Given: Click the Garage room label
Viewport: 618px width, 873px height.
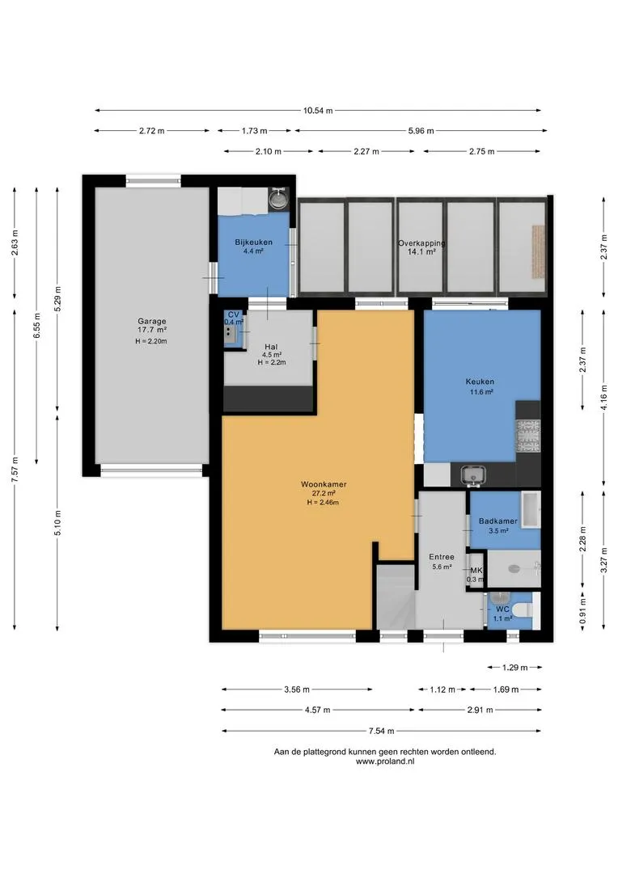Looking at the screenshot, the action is [152, 321].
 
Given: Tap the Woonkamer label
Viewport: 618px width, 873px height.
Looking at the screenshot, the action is [324, 484].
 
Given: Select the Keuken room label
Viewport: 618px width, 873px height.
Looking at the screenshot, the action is [480, 382].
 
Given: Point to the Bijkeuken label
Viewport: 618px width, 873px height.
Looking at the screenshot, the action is [253, 242].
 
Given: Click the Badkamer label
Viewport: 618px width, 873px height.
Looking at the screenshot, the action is [498, 521].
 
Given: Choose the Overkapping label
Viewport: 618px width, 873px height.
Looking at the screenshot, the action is [421, 243].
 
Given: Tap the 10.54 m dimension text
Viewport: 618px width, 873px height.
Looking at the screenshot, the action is [318, 110].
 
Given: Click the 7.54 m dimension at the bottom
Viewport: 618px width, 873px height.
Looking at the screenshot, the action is [381, 731].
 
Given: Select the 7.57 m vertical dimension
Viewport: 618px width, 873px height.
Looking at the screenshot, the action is [15, 470].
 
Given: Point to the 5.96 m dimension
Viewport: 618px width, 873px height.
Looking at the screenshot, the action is [421, 131].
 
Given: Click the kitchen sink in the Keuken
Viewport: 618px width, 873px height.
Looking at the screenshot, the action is [473, 475].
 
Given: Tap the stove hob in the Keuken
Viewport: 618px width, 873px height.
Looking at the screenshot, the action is [528, 435].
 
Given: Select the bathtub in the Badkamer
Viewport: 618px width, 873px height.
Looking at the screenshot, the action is [531, 509].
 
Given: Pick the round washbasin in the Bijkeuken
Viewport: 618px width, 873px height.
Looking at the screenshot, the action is [277, 198].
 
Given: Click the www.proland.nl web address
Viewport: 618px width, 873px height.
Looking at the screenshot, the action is [384, 761].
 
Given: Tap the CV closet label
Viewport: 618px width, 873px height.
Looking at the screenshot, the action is [233, 314].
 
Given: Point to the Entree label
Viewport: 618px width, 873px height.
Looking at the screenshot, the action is [442, 557].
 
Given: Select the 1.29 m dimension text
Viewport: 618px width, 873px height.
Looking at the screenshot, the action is [515, 667].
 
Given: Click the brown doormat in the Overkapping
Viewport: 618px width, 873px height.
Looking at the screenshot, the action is [538, 251].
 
